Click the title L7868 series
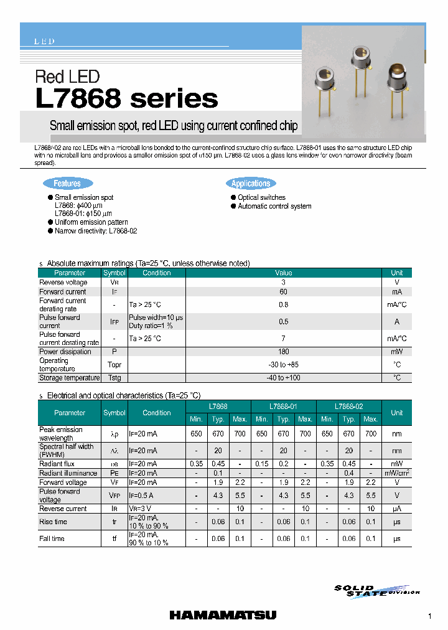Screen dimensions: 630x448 [127, 99]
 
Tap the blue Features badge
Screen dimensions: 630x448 [67, 183]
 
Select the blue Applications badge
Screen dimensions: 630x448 [251, 183]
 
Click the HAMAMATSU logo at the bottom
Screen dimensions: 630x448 [223, 616]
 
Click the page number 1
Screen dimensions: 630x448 [429, 616]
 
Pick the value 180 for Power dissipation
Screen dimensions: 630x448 [284, 352]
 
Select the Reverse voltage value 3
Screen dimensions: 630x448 [284, 282]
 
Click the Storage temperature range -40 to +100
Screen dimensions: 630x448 [284, 378]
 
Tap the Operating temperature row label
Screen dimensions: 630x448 [54, 365]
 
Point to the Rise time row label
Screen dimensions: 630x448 [53, 522]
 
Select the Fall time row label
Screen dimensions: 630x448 [52, 538]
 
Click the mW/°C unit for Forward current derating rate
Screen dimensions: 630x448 [396, 304]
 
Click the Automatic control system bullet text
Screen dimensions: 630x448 [274, 206]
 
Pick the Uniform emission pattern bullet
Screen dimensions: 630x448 [91, 222]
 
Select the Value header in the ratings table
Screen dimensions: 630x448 [284, 273]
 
